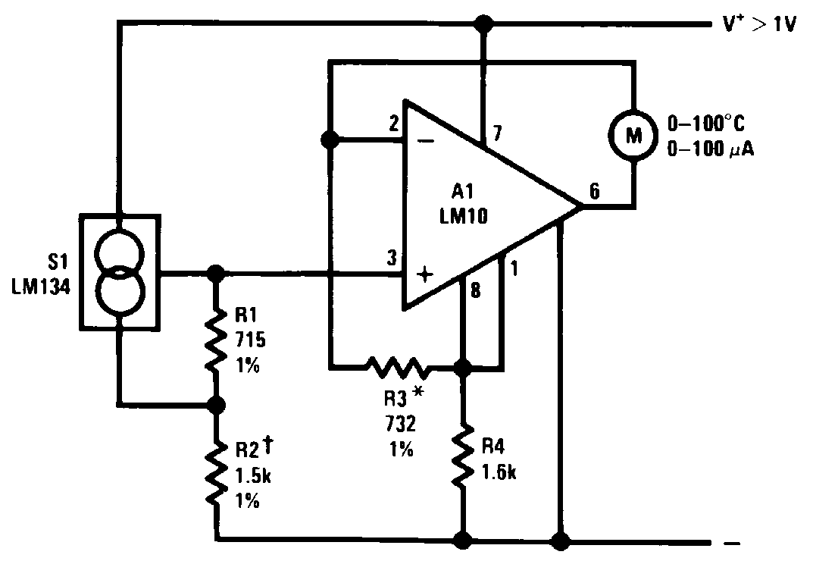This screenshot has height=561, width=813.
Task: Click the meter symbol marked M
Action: (633, 134)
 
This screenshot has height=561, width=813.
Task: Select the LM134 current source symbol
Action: (119, 273)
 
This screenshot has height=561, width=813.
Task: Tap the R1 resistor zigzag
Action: (216, 338)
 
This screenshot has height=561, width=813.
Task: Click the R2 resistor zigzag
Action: (216, 475)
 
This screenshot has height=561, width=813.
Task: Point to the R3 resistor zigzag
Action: (397, 368)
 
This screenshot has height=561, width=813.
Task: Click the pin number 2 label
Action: (392, 125)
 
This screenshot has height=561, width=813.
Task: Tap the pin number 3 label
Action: (391, 258)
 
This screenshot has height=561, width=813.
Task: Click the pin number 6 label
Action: (595, 192)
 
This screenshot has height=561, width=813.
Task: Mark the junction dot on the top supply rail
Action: (480, 24)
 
